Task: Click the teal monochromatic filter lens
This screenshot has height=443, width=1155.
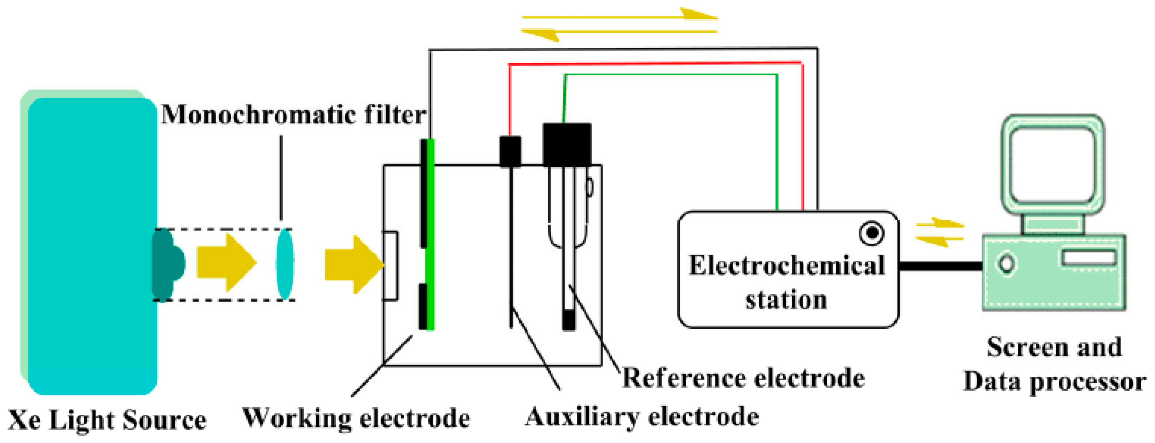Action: (285, 264)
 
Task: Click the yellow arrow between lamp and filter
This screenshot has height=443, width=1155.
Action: (226, 263)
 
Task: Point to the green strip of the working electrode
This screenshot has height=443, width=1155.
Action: (430, 233)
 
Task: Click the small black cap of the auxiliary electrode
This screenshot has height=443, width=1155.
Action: (510, 152)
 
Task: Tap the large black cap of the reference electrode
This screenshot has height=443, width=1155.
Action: (567, 144)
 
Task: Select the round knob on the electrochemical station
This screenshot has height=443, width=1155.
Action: (872, 233)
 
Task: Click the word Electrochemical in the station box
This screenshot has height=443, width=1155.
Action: (787, 265)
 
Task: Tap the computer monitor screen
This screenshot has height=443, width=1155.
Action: (1053, 165)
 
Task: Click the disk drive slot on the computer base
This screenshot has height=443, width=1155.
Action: (1088, 258)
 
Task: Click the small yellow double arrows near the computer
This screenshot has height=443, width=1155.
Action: (939, 232)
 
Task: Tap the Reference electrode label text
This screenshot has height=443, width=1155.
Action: (743, 378)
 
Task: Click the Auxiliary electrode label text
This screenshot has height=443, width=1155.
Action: (642, 417)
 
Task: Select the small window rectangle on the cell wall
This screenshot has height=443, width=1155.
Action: (390, 265)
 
